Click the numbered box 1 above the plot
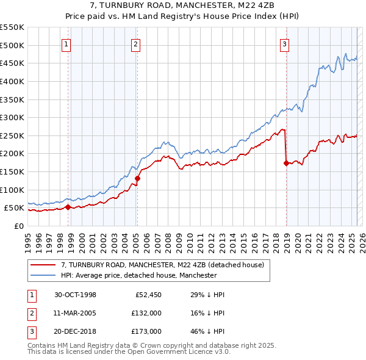(65, 44)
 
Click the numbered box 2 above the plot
(135, 44)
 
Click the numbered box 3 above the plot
(284, 44)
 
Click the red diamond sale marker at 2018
(286, 163)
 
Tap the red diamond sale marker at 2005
(137, 178)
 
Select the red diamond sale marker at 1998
(68, 207)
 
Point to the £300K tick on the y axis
(12, 117)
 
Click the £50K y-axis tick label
(15, 208)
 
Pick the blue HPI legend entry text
(138, 275)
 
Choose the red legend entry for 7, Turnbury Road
(162, 265)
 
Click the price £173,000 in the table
(147, 331)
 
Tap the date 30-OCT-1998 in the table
(76, 295)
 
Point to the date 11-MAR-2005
(76, 313)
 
